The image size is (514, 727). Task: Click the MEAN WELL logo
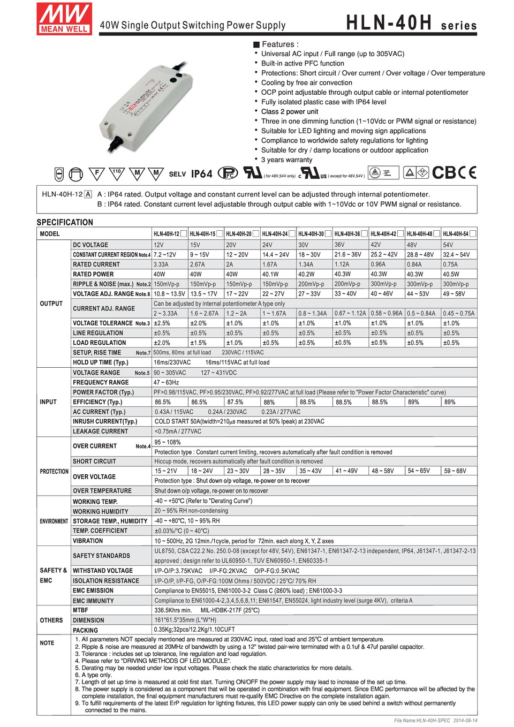tap(64, 18)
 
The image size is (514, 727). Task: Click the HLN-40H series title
tap(411, 23)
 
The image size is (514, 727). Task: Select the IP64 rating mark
tap(202, 174)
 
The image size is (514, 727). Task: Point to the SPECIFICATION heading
tap(65, 222)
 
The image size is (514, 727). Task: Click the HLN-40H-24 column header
tap(275, 234)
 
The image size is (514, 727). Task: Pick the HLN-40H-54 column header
tap(456, 234)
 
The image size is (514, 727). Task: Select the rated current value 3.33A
tap(161, 264)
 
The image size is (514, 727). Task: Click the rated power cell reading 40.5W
tap(451, 274)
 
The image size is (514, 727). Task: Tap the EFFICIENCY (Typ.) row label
tap(97, 402)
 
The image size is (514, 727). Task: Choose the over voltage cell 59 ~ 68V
tap(455, 471)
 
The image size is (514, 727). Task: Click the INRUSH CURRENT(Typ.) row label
tap(105, 421)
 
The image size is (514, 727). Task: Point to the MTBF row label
tap(80, 610)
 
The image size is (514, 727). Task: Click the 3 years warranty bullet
tap(286, 160)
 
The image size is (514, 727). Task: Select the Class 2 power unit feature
tap(289, 111)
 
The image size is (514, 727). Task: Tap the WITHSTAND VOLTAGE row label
tap(103, 571)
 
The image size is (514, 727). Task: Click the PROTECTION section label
tap(54, 472)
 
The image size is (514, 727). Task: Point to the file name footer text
tap(435, 721)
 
